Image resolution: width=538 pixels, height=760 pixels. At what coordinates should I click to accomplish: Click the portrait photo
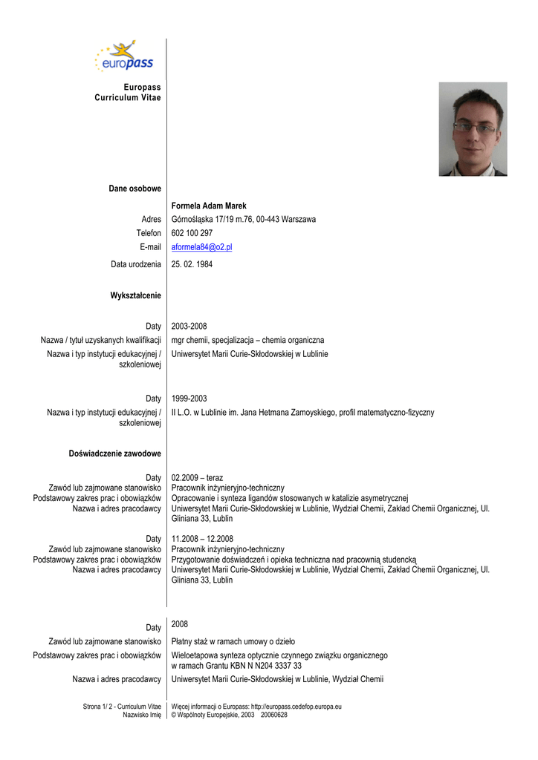[x=473, y=128]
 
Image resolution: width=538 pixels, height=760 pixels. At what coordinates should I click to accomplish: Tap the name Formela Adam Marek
[x=209, y=206]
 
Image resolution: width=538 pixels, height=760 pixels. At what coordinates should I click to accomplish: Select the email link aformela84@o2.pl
[x=201, y=247]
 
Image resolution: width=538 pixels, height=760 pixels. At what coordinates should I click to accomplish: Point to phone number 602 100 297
[x=192, y=233]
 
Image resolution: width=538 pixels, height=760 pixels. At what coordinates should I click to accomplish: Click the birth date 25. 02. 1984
[x=192, y=264]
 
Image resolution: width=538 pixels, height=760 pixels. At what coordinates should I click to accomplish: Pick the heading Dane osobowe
[x=134, y=189]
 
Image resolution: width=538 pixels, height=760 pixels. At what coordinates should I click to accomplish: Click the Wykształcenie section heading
[x=135, y=296]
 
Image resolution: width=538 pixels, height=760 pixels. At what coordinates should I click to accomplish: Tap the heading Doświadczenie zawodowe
[x=116, y=453]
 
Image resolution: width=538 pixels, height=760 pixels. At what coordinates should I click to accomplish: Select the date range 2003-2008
[x=189, y=327]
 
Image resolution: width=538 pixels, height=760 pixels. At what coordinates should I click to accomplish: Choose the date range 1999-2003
[x=189, y=399]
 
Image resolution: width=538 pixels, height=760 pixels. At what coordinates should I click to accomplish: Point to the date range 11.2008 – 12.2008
[x=202, y=539]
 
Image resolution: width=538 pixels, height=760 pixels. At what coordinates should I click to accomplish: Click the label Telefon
[x=148, y=233]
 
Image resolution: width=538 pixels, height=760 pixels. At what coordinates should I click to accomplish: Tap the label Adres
[x=151, y=220]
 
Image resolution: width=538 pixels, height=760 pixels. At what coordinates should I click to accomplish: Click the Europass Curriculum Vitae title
[x=127, y=93]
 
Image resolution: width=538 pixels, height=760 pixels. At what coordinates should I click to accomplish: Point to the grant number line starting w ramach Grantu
[x=236, y=666]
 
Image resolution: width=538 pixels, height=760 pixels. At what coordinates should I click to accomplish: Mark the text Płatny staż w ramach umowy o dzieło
[x=233, y=641]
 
